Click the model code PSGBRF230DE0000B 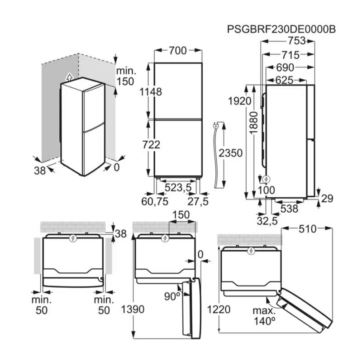click(x=281, y=29)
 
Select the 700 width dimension click(x=177, y=51)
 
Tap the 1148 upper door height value click(x=151, y=91)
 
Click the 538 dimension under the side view click(x=289, y=209)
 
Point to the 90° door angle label click(x=172, y=296)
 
